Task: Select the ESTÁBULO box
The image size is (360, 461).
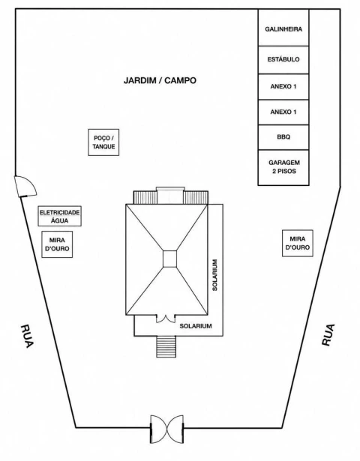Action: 283,60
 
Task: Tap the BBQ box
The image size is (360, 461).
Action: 283,137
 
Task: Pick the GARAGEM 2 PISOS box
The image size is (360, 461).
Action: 283,168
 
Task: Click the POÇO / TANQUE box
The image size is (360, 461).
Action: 103,142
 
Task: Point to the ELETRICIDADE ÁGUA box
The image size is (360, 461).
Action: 60,216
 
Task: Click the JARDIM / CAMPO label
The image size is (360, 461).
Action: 160,80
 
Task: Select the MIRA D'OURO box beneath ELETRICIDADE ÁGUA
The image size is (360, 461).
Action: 57,244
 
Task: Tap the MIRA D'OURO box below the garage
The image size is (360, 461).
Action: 298,243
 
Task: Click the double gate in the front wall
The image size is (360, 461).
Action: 167,429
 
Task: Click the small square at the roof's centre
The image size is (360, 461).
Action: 170,259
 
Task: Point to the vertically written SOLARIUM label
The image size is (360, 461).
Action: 215,275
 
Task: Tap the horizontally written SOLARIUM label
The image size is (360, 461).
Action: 196,326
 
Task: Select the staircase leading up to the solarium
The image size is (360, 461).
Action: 166,346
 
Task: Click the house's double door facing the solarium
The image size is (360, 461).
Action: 166,319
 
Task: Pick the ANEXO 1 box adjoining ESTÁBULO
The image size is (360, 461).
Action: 283,87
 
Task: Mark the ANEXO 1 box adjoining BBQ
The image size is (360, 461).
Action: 283,112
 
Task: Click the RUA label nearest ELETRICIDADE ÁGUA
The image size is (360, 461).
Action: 27,336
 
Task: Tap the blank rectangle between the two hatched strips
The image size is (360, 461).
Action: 170,195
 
